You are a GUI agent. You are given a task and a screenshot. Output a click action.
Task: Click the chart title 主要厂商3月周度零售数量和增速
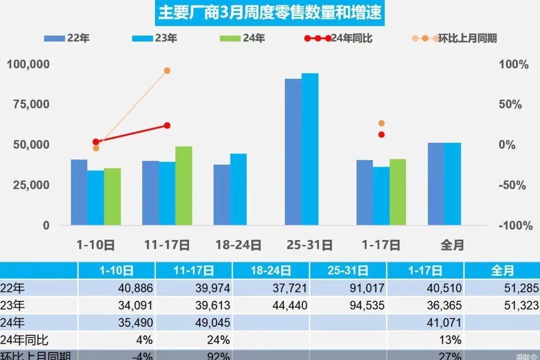[270, 13]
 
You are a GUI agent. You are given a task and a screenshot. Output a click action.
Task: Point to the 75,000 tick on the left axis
[28, 104]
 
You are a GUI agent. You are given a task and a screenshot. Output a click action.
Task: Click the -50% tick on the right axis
[512, 185]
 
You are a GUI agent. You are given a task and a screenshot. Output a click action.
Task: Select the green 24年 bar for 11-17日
[184, 185]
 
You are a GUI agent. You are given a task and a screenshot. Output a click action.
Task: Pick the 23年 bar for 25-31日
[310, 149]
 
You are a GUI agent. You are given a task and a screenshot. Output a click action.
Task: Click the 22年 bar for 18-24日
[222, 194]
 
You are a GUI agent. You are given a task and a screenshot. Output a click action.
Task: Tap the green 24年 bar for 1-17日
[398, 192]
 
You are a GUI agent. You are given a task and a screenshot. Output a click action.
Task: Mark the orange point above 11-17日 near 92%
[167, 71]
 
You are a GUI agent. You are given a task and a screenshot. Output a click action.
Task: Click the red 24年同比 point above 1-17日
[381, 134]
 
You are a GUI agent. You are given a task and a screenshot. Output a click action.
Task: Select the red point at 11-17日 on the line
[167, 125]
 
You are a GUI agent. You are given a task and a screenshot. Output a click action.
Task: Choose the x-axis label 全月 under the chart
[452, 245]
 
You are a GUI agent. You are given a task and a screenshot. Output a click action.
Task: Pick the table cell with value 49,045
[193, 323]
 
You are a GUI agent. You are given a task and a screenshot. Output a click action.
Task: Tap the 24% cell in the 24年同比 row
[193, 340]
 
